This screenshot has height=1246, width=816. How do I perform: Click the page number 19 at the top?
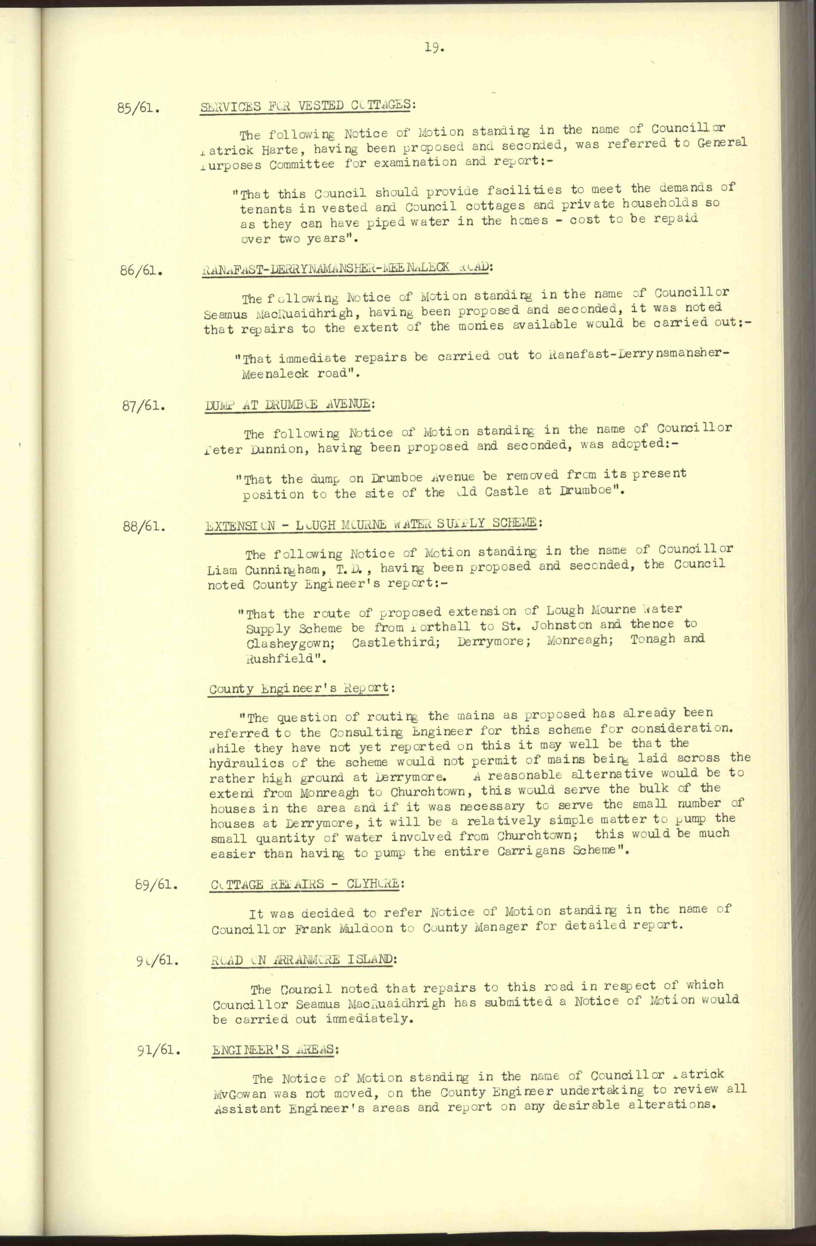point(434,49)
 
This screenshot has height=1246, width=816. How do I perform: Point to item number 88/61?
point(145,526)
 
